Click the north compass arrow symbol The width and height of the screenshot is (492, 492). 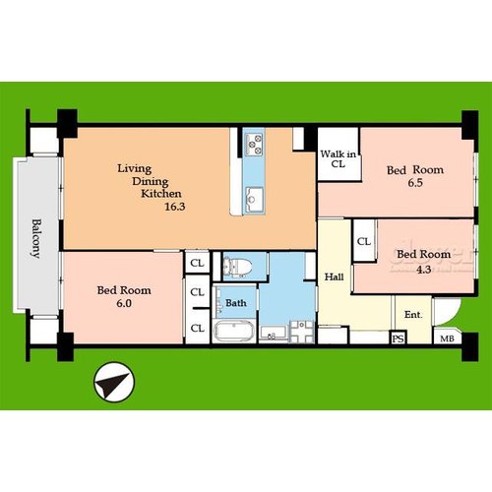tap(114, 383)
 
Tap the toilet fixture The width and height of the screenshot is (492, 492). tap(237, 267)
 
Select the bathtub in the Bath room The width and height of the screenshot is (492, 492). tap(233, 330)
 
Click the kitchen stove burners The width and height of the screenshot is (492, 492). tap(255, 145)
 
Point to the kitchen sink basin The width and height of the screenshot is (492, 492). tap(254, 199)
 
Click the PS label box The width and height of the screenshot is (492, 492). tap(399, 338)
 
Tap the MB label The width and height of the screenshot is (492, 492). tap(447, 338)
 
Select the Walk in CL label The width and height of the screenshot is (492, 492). tap(338, 158)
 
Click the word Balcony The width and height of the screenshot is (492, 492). tap(36, 238)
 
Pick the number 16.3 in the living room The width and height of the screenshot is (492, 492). tap(175, 207)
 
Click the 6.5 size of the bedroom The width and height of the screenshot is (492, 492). tap(415, 183)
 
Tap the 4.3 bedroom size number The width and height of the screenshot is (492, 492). tap(423, 270)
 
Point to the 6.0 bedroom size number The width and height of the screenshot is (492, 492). tap(124, 303)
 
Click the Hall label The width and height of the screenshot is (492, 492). tap(334, 277)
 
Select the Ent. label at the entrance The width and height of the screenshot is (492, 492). tap(413, 315)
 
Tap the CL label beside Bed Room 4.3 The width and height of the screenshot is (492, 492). tap(364, 242)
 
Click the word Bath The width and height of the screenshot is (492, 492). tap(236, 303)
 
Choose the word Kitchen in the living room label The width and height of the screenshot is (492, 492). tap(161, 194)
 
